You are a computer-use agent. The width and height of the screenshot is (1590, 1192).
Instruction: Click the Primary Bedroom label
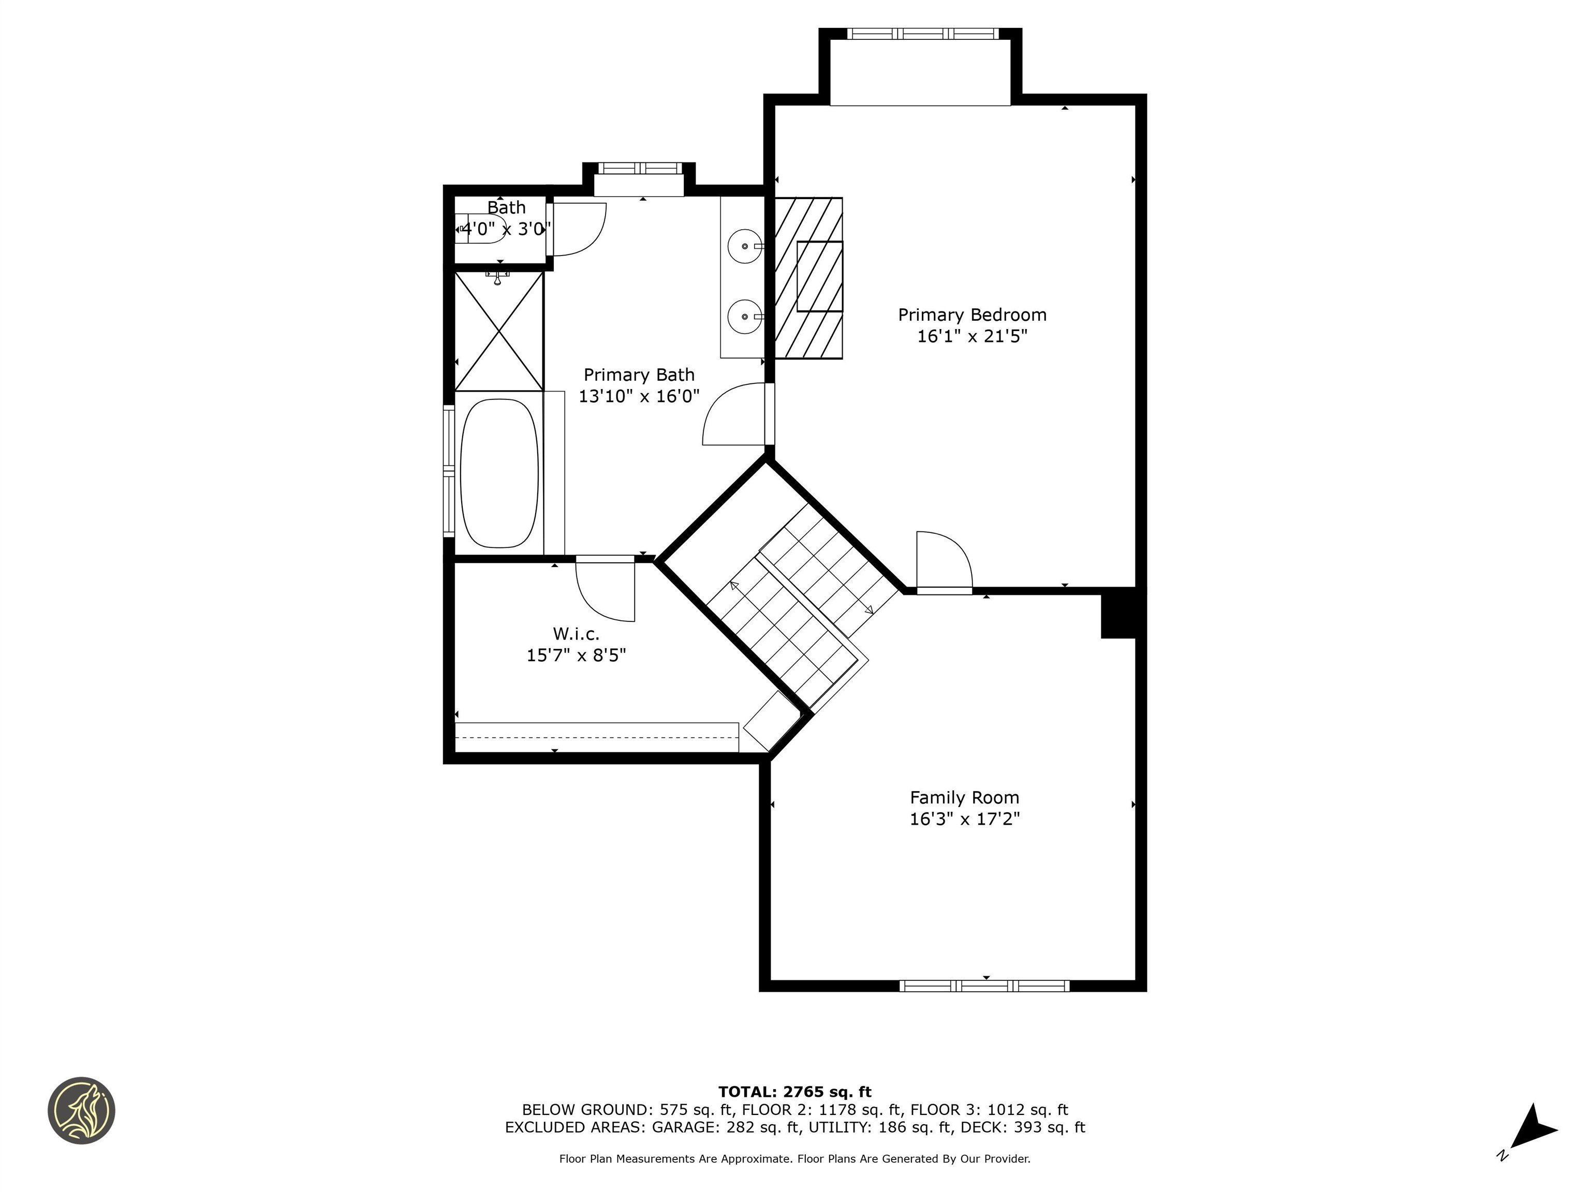pos(972,315)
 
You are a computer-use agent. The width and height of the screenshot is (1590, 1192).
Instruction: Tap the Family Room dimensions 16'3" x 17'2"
pos(965,819)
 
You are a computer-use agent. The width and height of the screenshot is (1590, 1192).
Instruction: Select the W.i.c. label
pos(576,634)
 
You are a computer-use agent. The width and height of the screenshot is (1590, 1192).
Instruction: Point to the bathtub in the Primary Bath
pos(499,473)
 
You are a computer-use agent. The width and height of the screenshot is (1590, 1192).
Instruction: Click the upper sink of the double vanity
pos(745,246)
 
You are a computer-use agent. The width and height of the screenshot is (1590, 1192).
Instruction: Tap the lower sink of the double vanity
pos(745,317)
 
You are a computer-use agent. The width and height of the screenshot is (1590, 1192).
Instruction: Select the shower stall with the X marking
pos(499,331)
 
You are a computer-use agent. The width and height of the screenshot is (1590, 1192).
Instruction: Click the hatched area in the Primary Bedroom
pos(808,277)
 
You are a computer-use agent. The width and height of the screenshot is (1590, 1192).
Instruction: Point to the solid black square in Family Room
pos(1118,613)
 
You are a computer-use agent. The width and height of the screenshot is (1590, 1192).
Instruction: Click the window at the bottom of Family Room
pos(984,986)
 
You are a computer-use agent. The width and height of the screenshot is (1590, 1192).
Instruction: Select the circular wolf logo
pos(81,1110)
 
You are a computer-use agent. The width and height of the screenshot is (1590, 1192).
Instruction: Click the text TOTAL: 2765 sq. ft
pos(794,1092)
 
